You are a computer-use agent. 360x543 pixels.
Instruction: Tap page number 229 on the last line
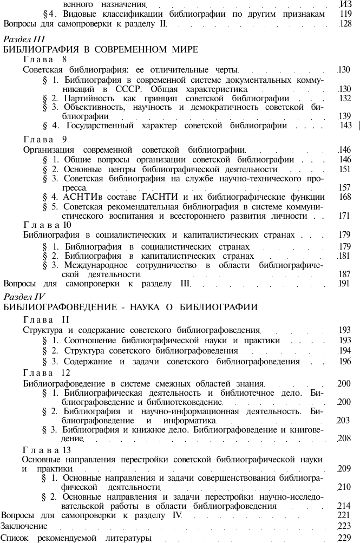(344, 538)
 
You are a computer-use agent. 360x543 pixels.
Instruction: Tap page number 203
(343, 420)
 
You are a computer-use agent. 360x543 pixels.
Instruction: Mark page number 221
(344, 515)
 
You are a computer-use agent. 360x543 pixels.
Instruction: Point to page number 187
(344, 274)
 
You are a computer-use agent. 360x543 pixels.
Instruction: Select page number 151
(344, 169)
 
